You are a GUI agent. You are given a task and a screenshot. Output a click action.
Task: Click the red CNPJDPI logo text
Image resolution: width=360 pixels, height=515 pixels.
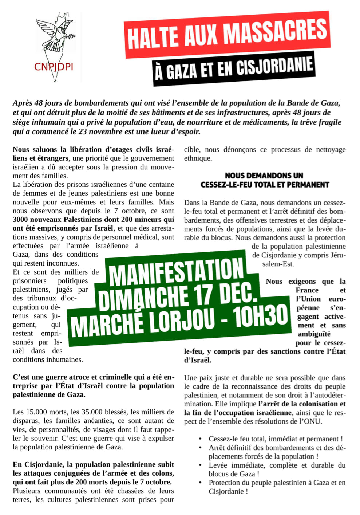click(x=54, y=67)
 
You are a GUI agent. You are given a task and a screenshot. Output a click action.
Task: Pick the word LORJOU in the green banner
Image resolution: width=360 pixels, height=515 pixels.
click(x=182, y=320)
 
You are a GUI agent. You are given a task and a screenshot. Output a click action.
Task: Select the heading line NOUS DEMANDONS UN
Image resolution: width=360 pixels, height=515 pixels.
click(x=264, y=176)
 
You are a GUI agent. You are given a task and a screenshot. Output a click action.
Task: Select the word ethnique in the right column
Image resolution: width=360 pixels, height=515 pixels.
click(x=198, y=158)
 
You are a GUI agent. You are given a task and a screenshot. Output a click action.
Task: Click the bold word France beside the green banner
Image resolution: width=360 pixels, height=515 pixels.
click(x=307, y=290)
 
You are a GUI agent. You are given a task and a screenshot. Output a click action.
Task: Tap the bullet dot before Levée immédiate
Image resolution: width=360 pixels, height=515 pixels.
click(x=201, y=465)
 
